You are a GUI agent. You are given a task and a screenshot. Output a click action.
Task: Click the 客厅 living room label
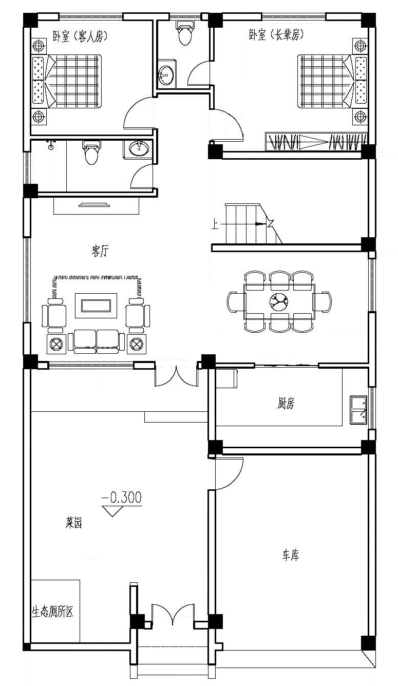(100, 251)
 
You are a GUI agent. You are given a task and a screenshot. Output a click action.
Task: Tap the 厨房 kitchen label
(286, 404)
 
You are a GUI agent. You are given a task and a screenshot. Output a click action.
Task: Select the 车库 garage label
(290, 555)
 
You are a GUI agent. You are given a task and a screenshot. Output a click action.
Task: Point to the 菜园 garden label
(74, 523)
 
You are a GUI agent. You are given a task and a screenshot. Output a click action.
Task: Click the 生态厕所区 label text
(53, 613)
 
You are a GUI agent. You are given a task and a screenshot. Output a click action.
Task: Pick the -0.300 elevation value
(122, 497)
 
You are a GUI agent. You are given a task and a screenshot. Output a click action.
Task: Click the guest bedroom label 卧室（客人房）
(80, 35)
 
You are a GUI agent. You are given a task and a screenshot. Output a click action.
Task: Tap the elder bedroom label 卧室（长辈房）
(277, 34)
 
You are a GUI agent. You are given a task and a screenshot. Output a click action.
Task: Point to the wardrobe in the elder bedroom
(316, 142)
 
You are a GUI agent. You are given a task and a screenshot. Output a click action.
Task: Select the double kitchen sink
(358, 409)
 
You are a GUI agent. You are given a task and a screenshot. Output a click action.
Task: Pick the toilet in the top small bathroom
(184, 33)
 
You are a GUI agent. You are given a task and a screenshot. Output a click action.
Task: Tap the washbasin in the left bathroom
(138, 149)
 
